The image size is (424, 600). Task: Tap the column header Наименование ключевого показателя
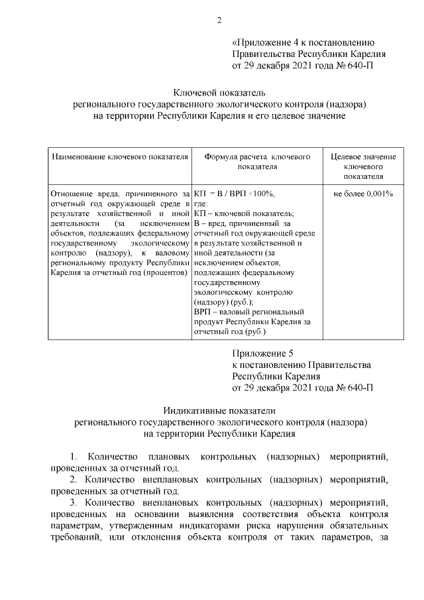[120, 157]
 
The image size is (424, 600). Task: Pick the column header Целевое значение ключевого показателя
[364, 166]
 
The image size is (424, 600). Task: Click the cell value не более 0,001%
[364, 194]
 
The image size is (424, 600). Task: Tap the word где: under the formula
[201, 204]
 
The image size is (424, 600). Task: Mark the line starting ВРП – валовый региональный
[248, 311]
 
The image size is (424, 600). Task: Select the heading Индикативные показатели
[219, 412]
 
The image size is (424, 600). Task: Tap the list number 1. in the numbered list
[74, 457]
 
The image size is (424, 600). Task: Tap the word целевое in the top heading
[288, 115]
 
